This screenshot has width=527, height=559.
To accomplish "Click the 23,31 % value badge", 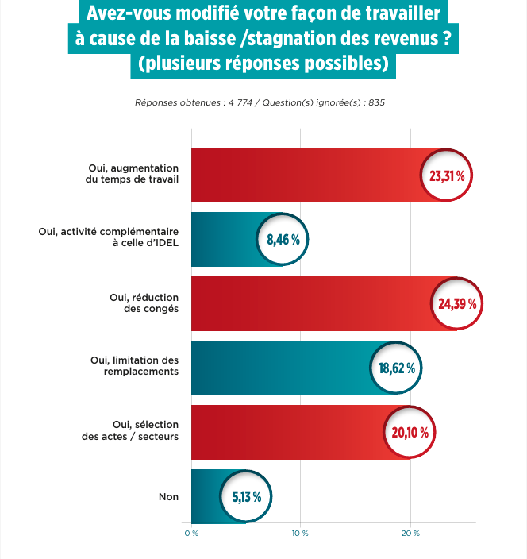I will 446,175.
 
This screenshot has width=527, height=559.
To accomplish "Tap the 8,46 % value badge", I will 283,239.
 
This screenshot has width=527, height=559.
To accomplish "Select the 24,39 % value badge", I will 457,303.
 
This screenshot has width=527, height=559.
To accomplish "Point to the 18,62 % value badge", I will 397,368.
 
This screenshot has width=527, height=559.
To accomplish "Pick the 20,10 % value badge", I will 410,433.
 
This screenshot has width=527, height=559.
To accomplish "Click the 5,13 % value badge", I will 246,497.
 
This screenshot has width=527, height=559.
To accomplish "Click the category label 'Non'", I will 168,497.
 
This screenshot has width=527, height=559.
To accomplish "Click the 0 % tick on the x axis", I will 190,533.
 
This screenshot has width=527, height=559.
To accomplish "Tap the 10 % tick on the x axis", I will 300,533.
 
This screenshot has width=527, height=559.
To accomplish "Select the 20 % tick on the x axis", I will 410,533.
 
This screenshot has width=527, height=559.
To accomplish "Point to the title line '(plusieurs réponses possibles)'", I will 263,64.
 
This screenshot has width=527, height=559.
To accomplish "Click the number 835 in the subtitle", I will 376,103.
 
